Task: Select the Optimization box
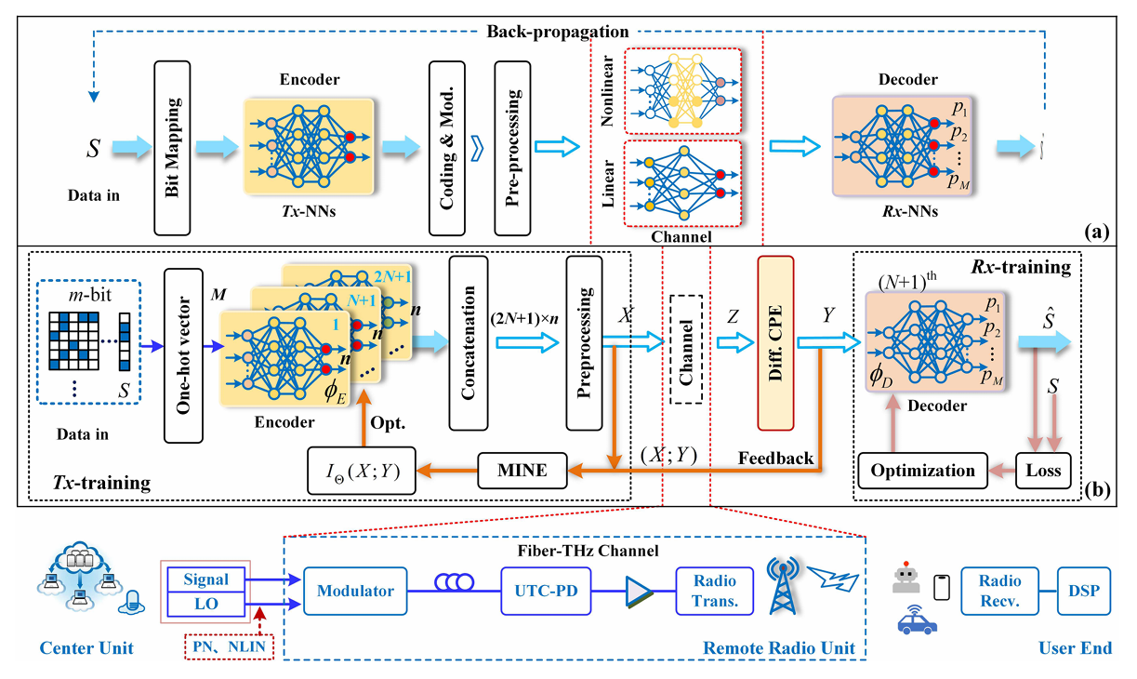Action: (923, 470)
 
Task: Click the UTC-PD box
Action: (545, 590)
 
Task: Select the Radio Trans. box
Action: (713, 590)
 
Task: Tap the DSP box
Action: (1084, 590)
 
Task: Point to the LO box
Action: (206, 604)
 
